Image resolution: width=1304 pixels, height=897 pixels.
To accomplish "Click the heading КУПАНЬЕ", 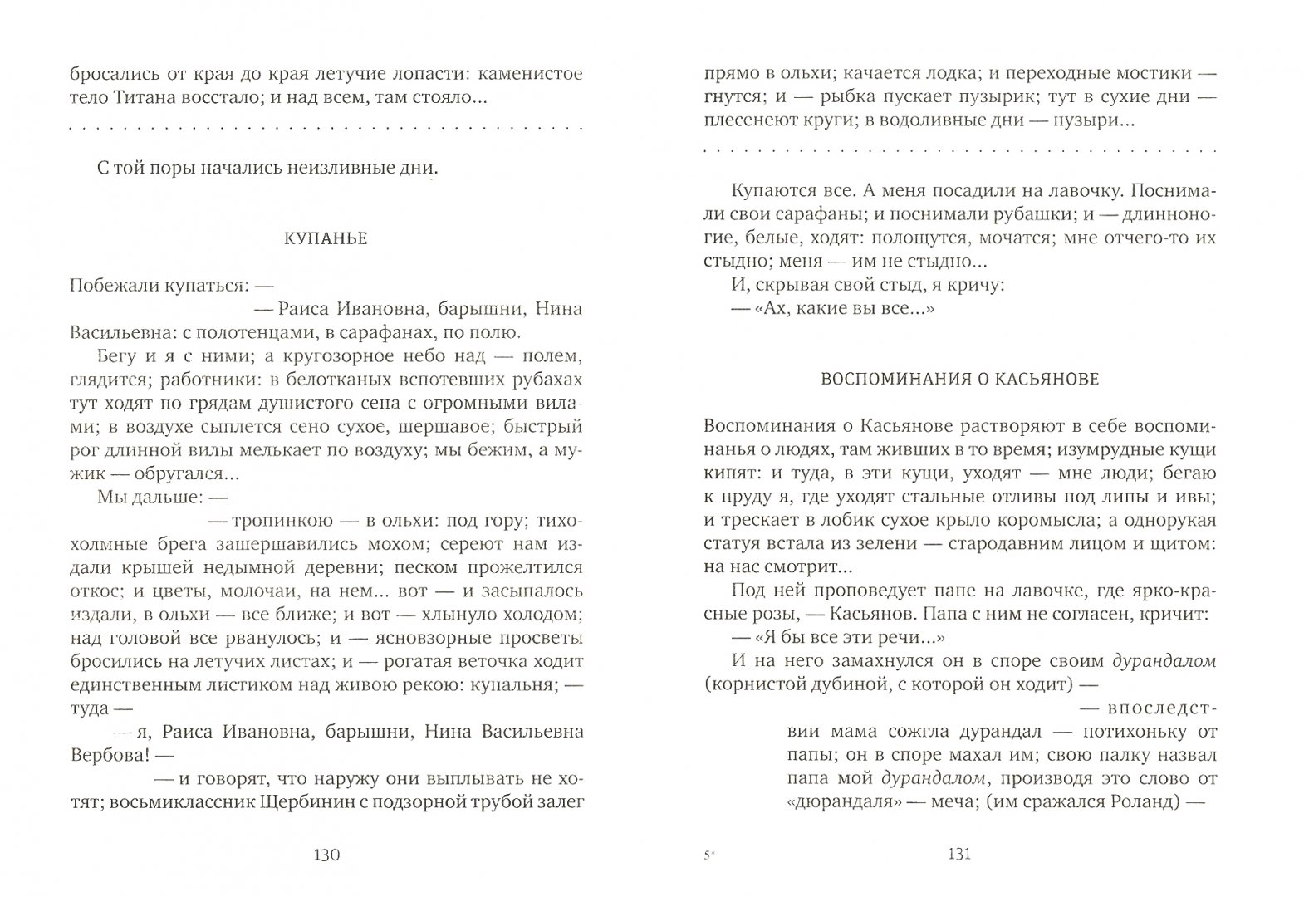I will pyautogui.click(x=326, y=239).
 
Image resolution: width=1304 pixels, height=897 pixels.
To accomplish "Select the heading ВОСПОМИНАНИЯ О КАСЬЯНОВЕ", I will pyautogui.click(x=959, y=380).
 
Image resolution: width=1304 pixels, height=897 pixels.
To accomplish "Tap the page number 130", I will pyautogui.click(x=324, y=855).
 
